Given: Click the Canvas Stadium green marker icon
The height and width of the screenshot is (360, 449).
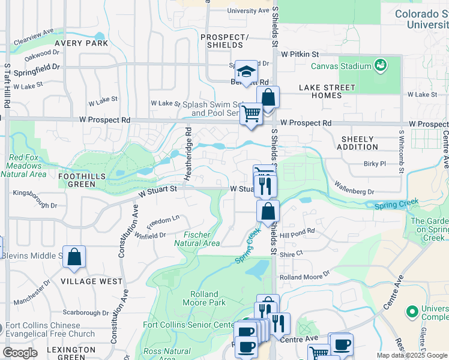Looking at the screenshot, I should (x=380, y=64).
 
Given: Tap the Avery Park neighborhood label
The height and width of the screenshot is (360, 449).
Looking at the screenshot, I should (x=82, y=43).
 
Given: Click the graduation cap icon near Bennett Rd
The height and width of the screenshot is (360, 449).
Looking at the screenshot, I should (x=246, y=71).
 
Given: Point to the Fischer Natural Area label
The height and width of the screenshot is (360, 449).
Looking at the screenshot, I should (x=197, y=239).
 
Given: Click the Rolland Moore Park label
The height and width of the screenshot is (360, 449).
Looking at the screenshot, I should (x=208, y=298).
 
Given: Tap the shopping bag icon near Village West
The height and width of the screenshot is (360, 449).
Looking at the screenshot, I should (x=74, y=257).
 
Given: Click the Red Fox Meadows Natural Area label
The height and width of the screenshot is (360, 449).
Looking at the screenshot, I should (x=23, y=166).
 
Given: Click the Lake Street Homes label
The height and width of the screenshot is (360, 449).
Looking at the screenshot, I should (x=327, y=91).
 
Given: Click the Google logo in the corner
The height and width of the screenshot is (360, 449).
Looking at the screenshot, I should (x=20, y=352).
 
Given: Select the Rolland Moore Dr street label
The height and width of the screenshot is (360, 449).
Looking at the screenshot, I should (x=305, y=275).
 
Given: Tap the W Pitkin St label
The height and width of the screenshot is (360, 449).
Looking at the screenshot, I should (x=301, y=54).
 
